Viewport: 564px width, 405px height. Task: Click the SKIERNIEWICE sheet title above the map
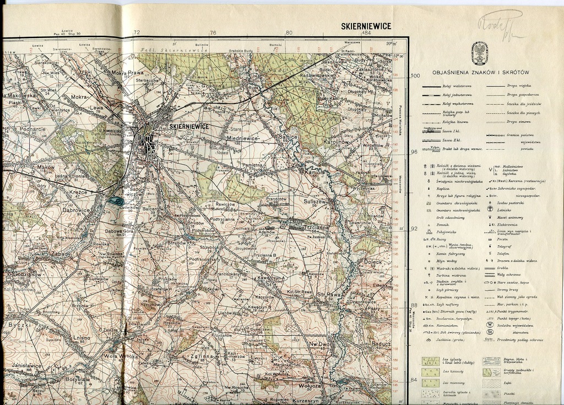tap(366, 26)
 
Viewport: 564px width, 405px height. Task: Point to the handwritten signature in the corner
tap(501, 25)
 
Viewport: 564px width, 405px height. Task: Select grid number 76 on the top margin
tap(213, 33)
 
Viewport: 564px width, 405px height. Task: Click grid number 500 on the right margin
tap(415, 75)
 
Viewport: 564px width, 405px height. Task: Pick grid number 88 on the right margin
tap(414, 305)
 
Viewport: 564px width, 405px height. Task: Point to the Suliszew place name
tap(315, 202)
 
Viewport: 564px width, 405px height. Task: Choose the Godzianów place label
tap(24, 274)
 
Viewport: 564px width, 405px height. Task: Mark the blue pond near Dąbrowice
tap(116, 202)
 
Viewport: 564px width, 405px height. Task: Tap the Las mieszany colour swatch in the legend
tap(430, 381)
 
